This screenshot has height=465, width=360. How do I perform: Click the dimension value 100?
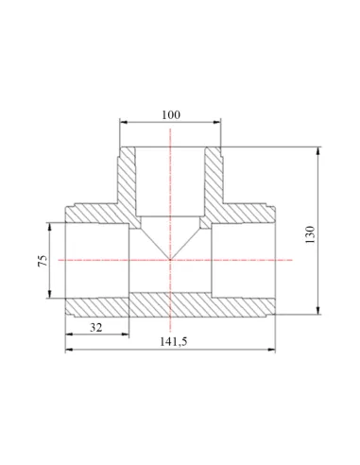pos(171,115)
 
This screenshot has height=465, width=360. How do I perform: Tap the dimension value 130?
pos(310,234)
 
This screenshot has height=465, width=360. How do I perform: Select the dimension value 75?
pos(43,261)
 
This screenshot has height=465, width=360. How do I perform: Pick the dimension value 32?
pos(96,328)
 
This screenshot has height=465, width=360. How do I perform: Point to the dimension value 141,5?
pos(173,341)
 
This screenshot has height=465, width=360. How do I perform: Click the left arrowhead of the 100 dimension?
pos(124,122)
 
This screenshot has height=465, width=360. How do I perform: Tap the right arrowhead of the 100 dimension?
pos(217,122)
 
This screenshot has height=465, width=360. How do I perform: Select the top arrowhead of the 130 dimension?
pos(318,151)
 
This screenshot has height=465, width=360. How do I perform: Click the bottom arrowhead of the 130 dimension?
pos(318,310)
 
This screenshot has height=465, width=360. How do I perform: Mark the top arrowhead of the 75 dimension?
pos(49,226)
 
